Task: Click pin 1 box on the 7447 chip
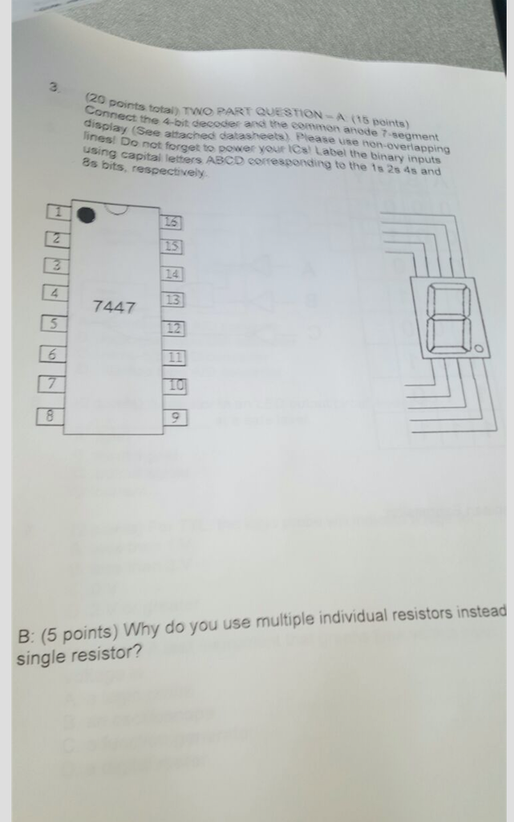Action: point(57,213)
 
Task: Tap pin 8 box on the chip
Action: point(50,416)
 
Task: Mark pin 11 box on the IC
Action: point(174,358)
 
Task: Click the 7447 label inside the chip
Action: point(114,307)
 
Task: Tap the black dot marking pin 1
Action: point(86,215)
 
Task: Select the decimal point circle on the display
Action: point(478,349)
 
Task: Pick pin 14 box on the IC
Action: point(173,274)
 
